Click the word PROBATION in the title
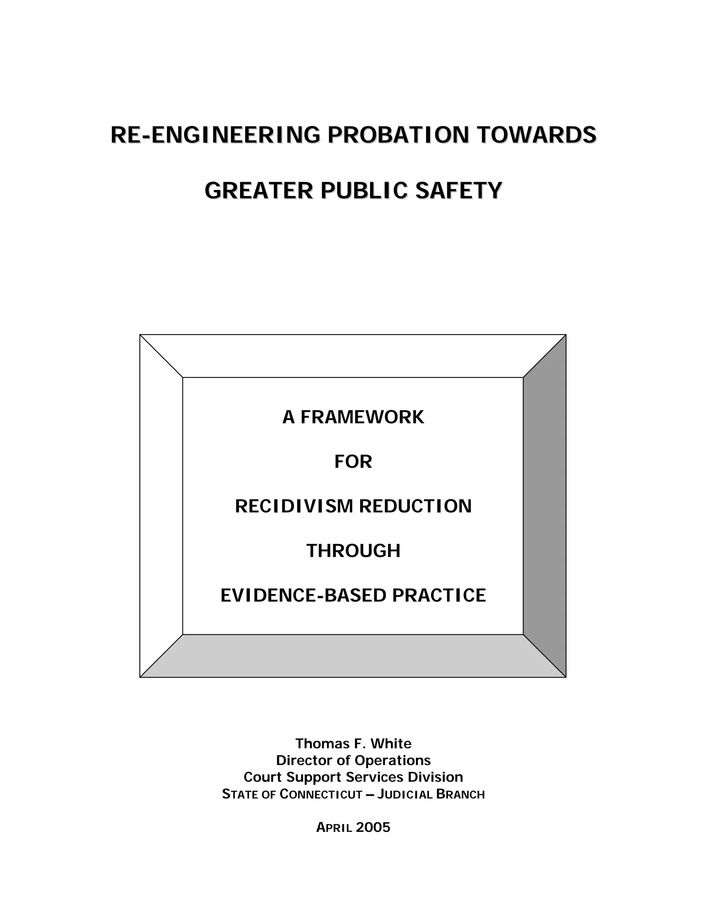398,135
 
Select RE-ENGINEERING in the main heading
215,135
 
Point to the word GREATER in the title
259,191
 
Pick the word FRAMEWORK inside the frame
362,417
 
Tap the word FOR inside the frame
353,461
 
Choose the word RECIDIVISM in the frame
294,506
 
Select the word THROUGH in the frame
353,551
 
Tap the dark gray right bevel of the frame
544,506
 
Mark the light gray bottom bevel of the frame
353,655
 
